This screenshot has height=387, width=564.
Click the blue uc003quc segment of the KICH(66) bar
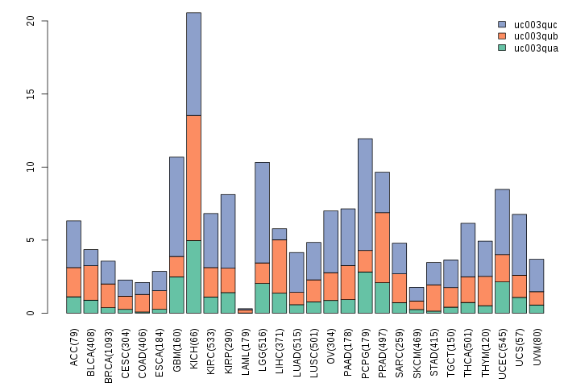click(193, 64)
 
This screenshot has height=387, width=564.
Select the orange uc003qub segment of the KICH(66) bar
click(193, 177)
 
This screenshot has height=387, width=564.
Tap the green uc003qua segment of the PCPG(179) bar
click(365, 293)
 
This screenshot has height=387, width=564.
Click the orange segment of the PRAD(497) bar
click(382, 247)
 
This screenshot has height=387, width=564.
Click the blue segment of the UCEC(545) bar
click(502, 222)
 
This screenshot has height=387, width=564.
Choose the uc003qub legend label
click(535, 36)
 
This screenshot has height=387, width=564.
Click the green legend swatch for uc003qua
click(502, 48)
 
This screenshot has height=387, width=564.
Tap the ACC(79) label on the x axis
click(74, 347)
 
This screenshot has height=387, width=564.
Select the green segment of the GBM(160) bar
click(176, 295)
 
